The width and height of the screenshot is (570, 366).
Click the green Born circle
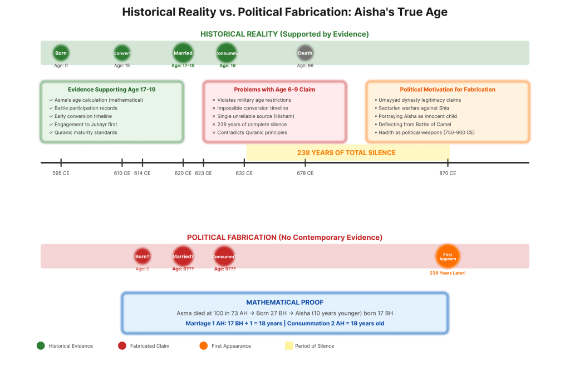point(61,53)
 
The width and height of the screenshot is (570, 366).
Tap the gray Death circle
point(305,53)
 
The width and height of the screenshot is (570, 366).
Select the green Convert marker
point(122,53)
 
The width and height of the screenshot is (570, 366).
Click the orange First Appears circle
point(448,256)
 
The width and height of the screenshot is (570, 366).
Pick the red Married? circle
point(183,256)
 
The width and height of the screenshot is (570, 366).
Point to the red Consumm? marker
point(224,256)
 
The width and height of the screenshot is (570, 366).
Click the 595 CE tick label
point(61,173)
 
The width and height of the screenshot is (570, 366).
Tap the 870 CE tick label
point(448,173)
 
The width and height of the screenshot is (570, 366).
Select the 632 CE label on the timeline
point(244,173)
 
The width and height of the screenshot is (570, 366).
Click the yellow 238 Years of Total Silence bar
point(347,152)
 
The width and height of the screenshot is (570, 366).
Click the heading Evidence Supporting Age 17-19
point(111,90)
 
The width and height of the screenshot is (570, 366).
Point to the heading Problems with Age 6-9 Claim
point(274,90)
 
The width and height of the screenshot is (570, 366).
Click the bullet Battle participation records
point(86,108)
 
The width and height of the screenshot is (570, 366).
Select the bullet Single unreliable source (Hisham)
point(255,116)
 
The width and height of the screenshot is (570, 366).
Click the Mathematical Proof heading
point(285,303)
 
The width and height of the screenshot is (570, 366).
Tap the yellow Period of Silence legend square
point(289,345)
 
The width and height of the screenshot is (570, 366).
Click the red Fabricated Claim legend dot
point(122,345)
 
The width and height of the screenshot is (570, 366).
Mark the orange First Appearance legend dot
point(203,345)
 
